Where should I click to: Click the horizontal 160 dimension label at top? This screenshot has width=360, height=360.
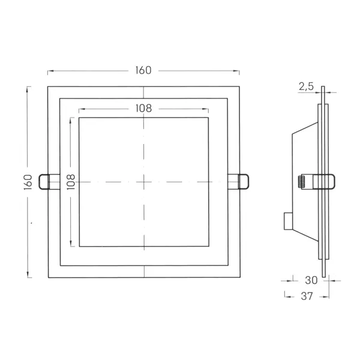click(143, 70)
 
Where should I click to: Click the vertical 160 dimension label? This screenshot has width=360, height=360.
click(28, 182)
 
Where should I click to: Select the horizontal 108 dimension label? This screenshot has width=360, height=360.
click(143, 109)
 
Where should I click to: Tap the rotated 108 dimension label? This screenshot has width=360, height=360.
click(71, 182)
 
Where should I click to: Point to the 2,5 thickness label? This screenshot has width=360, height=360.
click(306, 86)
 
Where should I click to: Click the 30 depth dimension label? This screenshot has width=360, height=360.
click(311, 280)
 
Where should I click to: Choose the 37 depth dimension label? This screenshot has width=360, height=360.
click(307, 296)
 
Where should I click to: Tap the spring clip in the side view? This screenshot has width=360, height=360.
click(324, 182)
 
